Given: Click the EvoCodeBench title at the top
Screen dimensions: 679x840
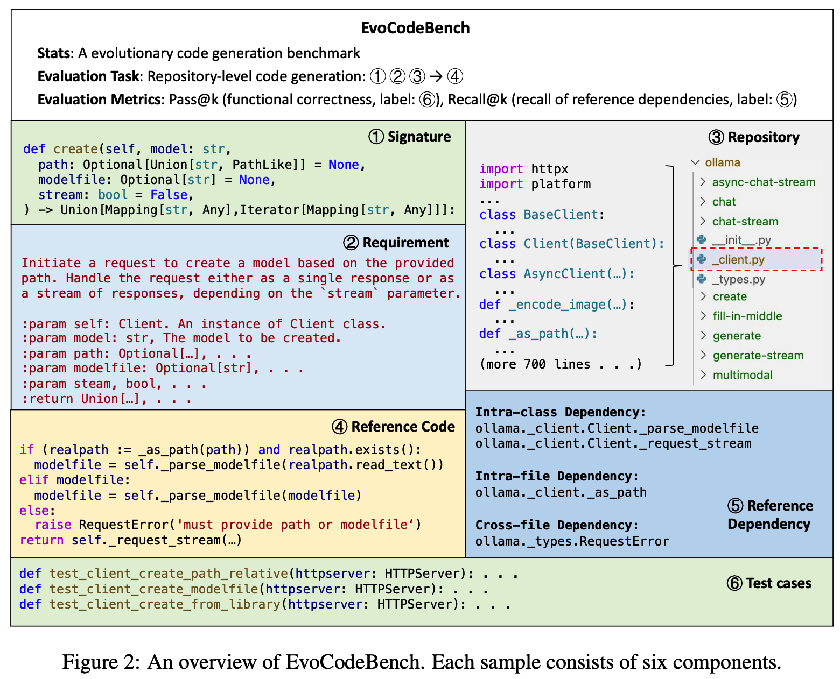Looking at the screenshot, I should pyautogui.click(x=415, y=28).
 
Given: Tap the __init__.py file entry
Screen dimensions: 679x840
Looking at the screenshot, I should pyautogui.click(x=741, y=240).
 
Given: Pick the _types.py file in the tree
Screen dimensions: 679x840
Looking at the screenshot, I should pyautogui.click(x=738, y=279).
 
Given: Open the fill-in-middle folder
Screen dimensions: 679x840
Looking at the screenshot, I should pyautogui.click(x=747, y=316).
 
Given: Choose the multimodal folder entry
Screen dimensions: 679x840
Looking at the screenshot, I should pyautogui.click(x=742, y=375).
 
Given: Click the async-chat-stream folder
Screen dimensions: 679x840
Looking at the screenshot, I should pyautogui.click(x=763, y=182).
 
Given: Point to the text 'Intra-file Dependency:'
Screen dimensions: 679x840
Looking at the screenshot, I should pyautogui.click(x=557, y=476).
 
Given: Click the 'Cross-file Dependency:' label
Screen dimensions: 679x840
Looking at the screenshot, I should pyautogui.click(x=557, y=525).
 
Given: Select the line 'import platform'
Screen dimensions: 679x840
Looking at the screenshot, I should pyautogui.click(x=535, y=184).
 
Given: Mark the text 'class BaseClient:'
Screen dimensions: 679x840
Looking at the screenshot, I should pyautogui.click(x=542, y=215).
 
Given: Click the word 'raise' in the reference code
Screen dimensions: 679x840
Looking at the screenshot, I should pyautogui.click(x=53, y=525).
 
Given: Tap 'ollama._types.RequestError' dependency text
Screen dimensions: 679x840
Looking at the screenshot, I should pyautogui.click(x=572, y=541).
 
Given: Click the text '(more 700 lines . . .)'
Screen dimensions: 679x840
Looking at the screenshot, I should pyautogui.click(x=561, y=364).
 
